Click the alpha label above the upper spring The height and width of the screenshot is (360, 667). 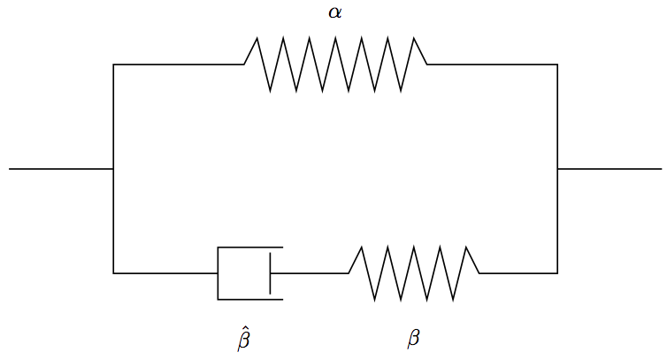click(x=334, y=12)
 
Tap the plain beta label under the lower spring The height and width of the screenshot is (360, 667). click(x=413, y=338)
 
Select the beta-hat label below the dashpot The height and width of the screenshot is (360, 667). click(x=243, y=338)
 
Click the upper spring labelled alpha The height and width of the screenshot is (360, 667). click(x=335, y=65)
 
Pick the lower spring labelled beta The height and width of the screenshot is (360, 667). click(x=414, y=273)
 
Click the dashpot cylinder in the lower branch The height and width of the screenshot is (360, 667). click(x=250, y=273)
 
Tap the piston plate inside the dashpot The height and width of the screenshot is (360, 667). click(x=270, y=273)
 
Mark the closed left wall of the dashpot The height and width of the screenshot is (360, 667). click(x=218, y=273)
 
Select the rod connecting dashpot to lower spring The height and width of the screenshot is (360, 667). click(x=310, y=273)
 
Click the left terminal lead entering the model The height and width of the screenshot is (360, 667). click(x=61, y=169)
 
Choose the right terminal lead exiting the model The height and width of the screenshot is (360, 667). click(x=609, y=169)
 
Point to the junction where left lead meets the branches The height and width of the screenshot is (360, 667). click(x=113, y=169)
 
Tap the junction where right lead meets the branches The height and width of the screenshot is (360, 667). click(x=557, y=169)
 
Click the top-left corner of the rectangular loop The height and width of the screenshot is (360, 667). click(x=113, y=65)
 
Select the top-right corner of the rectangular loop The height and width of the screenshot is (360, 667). click(x=557, y=65)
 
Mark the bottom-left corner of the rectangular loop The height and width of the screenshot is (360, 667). click(x=113, y=273)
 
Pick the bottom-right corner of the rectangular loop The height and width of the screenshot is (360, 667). click(x=557, y=273)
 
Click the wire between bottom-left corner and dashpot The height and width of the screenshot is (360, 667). click(x=165, y=273)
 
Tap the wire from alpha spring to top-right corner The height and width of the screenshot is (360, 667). click(x=492, y=65)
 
